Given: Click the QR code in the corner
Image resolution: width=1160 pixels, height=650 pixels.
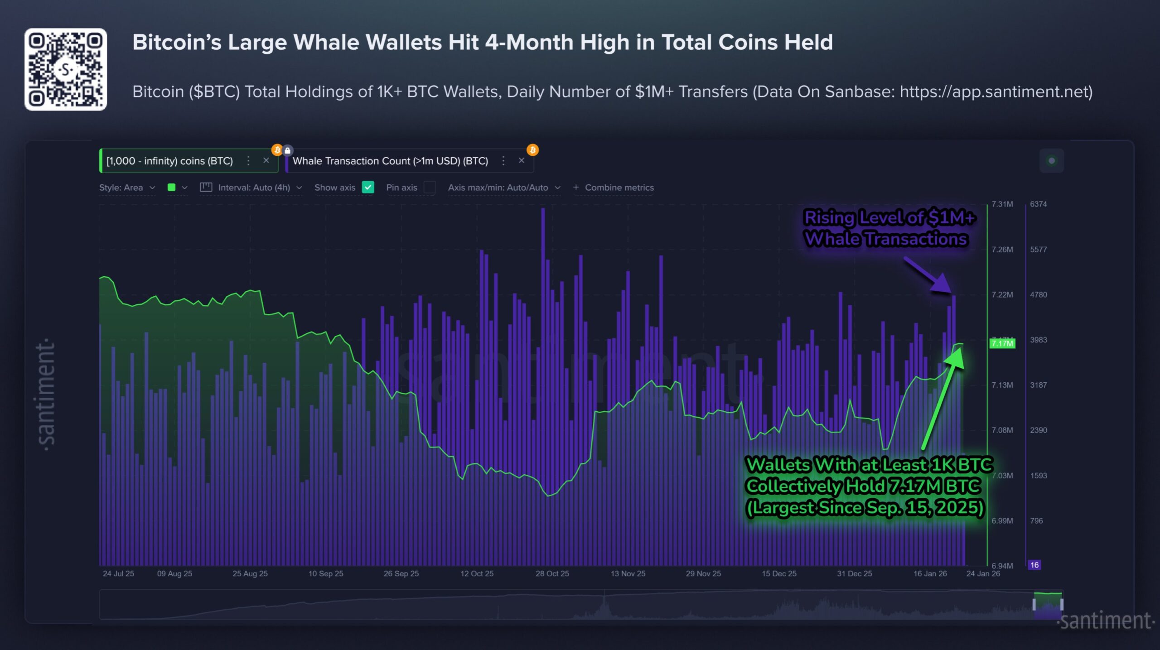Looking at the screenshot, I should [66, 69].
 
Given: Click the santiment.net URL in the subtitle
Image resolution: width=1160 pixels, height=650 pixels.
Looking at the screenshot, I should [995, 92].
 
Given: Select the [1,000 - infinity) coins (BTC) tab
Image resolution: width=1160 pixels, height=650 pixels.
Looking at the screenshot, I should [169, 161].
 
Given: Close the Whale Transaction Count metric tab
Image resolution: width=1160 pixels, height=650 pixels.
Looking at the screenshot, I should [522, 160].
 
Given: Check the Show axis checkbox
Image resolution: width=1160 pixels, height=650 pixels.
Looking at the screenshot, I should [368, 187].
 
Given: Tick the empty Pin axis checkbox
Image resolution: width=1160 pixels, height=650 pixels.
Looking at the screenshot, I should [429, 187].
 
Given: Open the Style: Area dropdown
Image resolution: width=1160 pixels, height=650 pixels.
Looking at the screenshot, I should [127, 188].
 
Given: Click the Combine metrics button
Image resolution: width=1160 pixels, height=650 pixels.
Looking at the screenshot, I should [614, 188].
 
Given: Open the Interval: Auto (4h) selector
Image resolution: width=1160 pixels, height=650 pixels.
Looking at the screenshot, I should [254, 188].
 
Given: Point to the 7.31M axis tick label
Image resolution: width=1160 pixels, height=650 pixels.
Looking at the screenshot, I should [1002, 204].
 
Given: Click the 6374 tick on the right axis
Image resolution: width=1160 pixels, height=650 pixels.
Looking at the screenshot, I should [1038, 204].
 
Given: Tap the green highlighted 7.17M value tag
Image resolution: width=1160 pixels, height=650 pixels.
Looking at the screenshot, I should [1002, 343].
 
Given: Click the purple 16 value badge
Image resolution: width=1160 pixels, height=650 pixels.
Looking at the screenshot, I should [1034, 565].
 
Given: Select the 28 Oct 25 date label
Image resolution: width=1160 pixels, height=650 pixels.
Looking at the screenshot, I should [552, 573].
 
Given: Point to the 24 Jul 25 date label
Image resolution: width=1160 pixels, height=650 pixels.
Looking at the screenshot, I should [118, 573].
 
